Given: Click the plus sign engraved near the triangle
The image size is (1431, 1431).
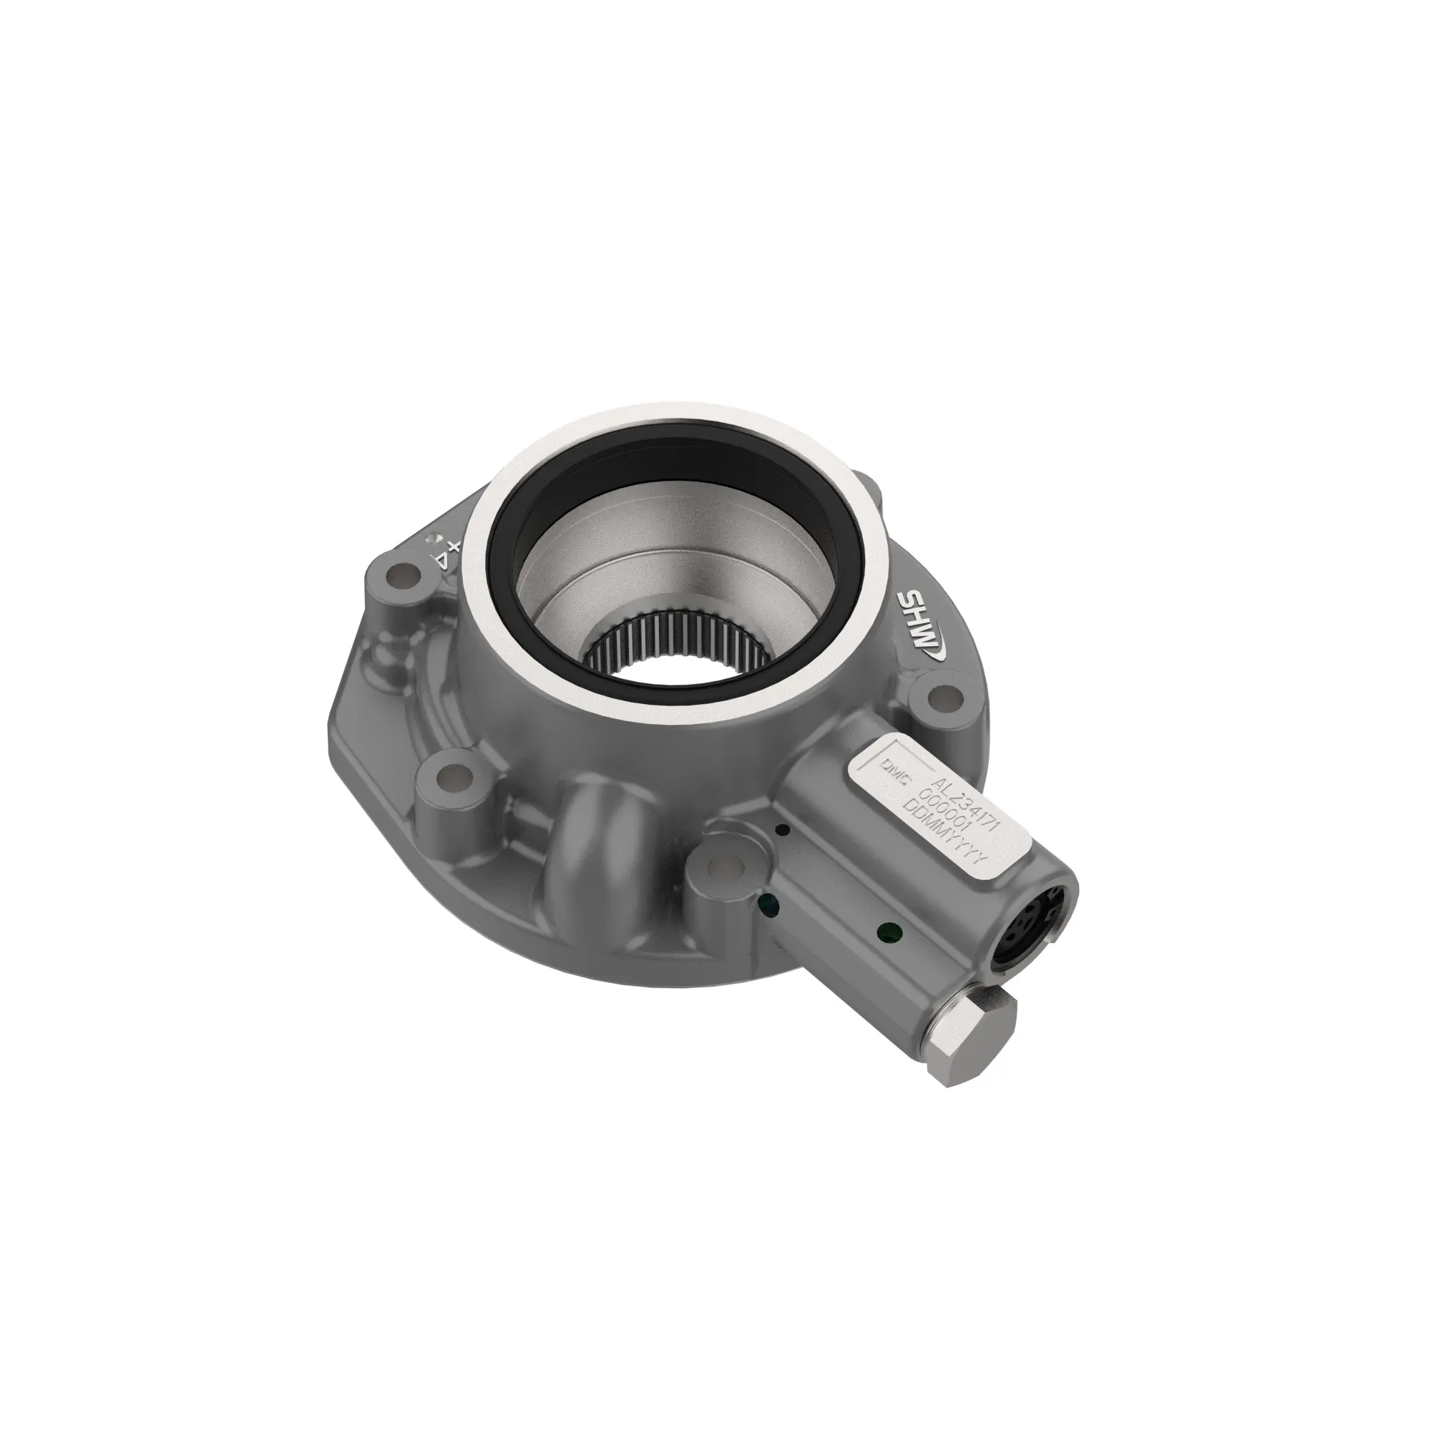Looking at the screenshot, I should pyautogui.click(x=454, y=547).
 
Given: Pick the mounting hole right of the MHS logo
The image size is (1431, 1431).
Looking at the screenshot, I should pyautogui.click(x=942, y=696).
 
